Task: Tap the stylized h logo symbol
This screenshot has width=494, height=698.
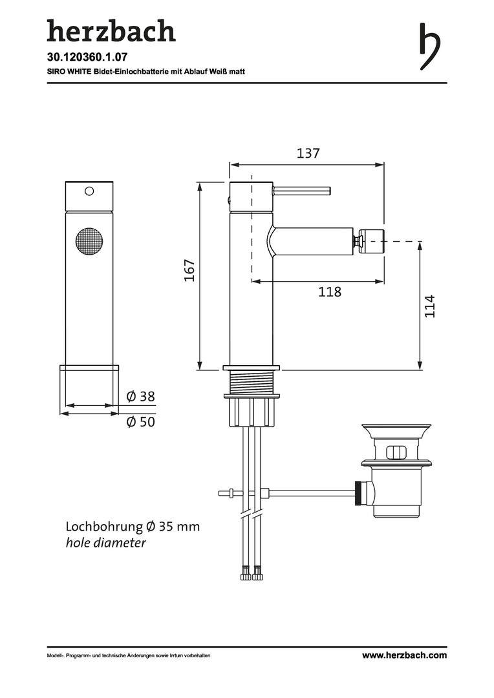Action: (x=430, y=47)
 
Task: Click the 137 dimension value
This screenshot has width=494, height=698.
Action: (x=308, y=153)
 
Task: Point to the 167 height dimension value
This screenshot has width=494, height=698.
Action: (x=190, y=270)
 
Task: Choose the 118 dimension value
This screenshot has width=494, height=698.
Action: (x=330, y=292)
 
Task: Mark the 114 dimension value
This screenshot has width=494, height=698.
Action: (x=429, y=306)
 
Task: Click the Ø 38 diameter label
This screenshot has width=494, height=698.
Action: (x=141, y=396)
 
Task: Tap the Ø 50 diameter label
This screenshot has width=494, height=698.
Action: (x=141, y=421)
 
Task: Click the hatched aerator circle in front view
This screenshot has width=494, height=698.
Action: (x=89, y=241)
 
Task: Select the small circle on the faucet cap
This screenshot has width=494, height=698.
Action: (x=89, y=191)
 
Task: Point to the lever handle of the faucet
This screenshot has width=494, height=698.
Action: (x=301, y=191)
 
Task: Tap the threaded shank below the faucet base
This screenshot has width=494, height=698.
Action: (x=252, y=381)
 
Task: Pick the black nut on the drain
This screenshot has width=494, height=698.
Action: (x=358, y=492)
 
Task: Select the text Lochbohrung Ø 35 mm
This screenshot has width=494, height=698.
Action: (x=133, y=527)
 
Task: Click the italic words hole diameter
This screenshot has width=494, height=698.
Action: (x=105, y=543)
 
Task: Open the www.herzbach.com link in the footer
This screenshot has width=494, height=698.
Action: (x=404, y=655)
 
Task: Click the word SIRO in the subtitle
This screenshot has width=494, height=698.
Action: (x=56, y=71)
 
